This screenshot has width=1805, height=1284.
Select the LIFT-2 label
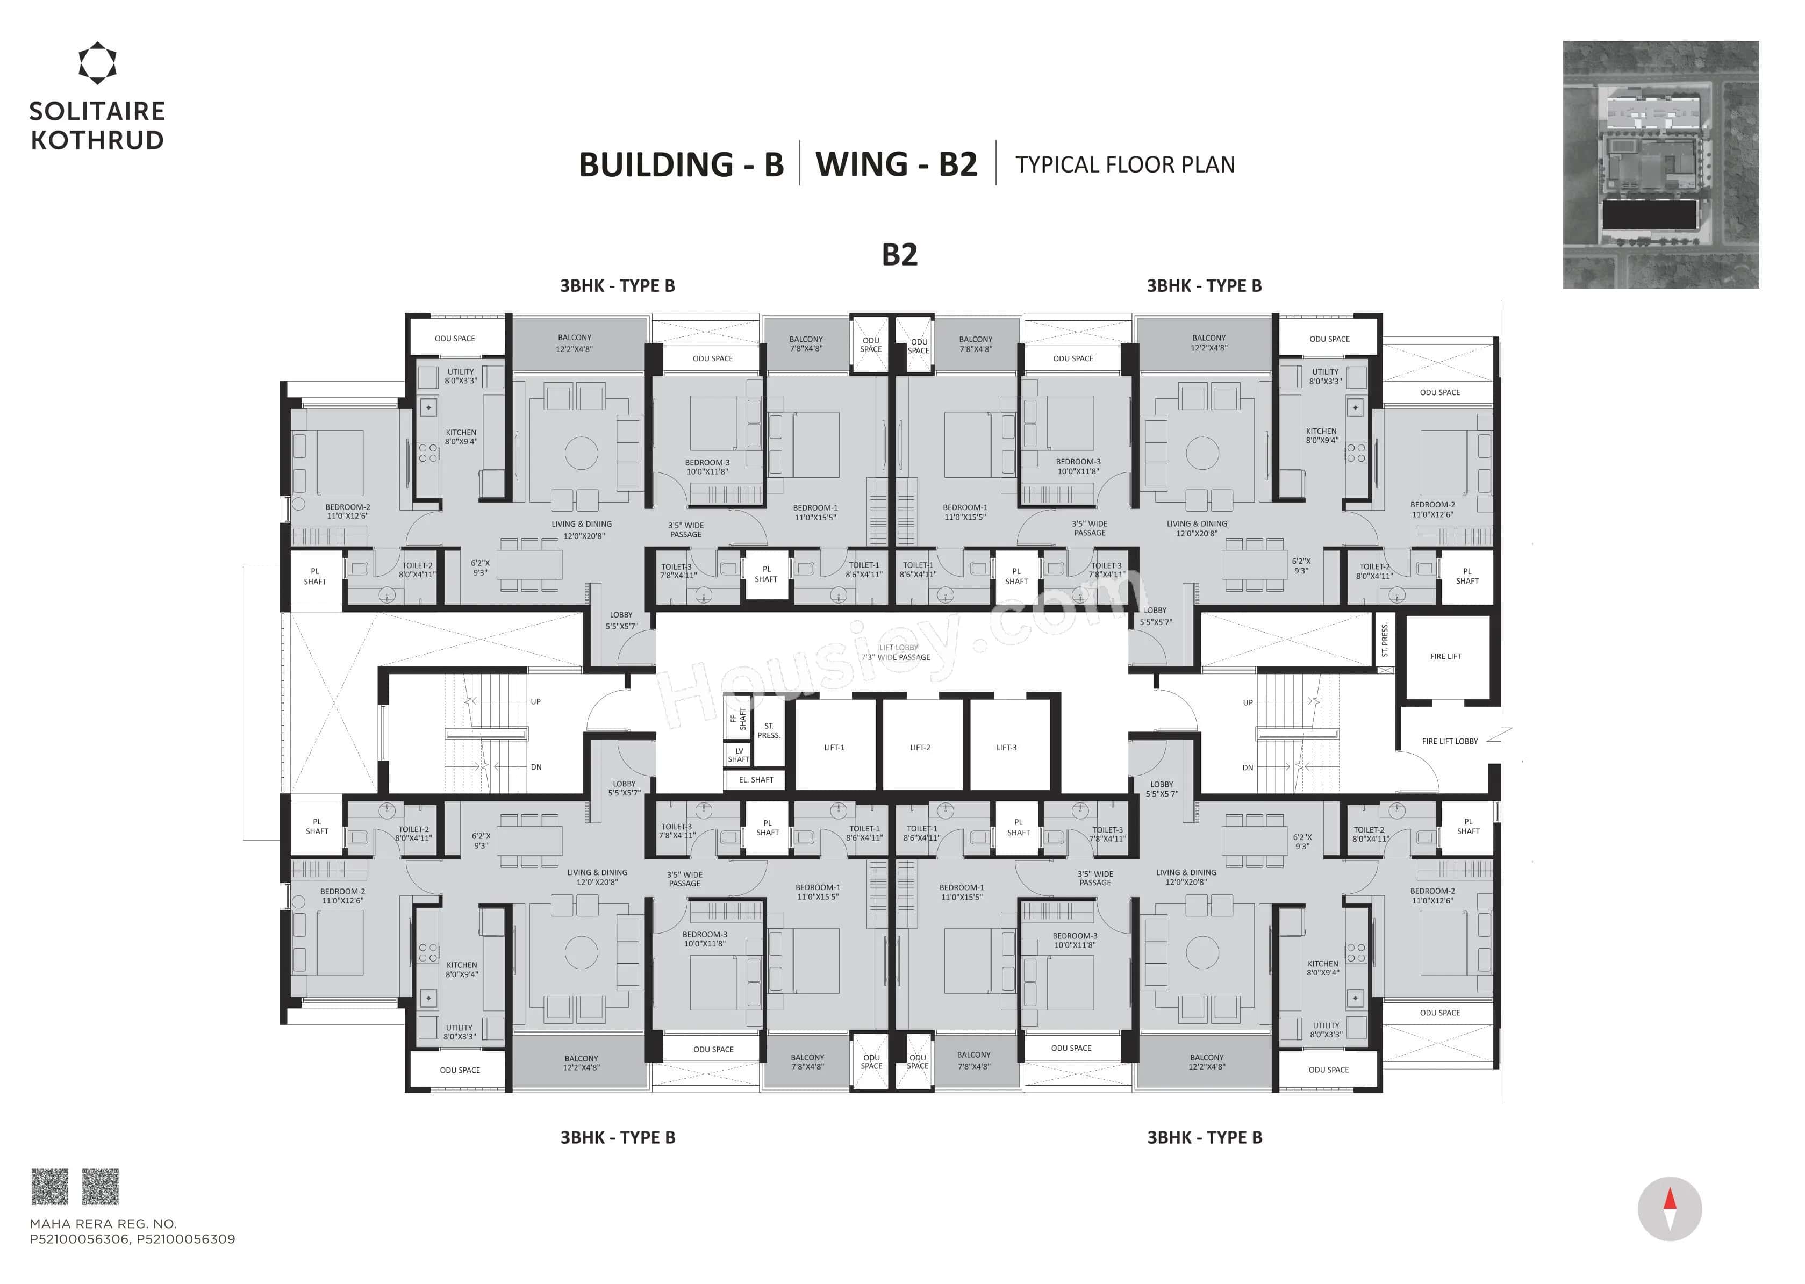920,747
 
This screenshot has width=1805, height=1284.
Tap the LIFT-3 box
1006,747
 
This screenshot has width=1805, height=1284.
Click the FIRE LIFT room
1445,656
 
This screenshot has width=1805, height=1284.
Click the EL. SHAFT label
756,779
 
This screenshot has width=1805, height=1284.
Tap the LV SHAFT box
739,755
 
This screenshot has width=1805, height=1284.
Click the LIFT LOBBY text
898,648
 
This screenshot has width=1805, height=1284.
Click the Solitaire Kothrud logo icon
97,63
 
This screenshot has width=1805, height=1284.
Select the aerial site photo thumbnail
1660,164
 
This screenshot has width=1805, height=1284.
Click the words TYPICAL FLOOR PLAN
1125,164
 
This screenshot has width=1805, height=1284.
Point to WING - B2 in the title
897,164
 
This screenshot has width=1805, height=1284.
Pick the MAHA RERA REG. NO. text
103,1223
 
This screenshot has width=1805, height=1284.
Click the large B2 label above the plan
900,255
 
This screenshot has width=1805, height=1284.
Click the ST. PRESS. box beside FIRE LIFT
1384,641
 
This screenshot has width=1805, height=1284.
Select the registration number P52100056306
79,1239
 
